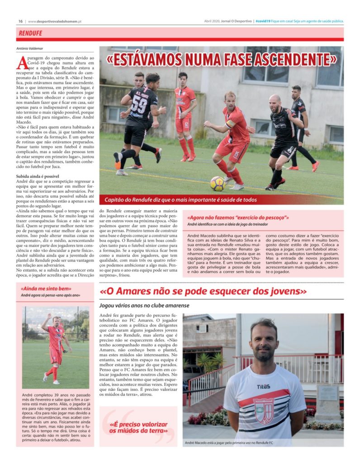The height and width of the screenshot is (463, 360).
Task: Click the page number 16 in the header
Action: (21, 21)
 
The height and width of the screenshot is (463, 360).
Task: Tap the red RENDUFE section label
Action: (31, 33)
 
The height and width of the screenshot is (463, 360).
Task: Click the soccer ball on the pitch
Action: (217, 183)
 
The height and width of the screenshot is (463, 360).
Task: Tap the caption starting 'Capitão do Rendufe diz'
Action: (180, 200)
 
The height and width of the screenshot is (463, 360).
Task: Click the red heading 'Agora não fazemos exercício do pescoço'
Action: (238, 217)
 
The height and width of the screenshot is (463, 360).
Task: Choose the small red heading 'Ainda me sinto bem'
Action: (46, 288)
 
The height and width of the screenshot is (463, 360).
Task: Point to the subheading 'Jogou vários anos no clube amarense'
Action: (144, 306)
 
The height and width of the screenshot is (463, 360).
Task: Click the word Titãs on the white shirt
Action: (263, 387)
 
